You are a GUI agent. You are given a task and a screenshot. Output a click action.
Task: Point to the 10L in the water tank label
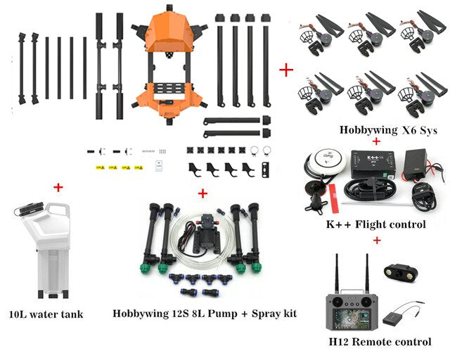pyautogui.click(x=18, y=314)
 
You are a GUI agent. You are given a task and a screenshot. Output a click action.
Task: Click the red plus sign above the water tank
pyautogui.click(x=58, y=188)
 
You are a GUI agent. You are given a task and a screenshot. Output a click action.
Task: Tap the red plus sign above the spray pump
pyautogui.click(x=202, y=193)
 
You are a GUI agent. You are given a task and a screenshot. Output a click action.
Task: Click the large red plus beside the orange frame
pyautogui.click(x=286, y=70)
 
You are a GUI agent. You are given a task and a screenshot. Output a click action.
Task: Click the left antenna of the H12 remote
pyautogui.click(x=337, y=274)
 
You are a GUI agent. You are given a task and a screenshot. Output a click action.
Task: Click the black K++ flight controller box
pyautogui.click(x=373, y=164)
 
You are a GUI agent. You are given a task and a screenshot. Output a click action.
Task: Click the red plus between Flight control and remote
pyautogui.click(x=377, y=240)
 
